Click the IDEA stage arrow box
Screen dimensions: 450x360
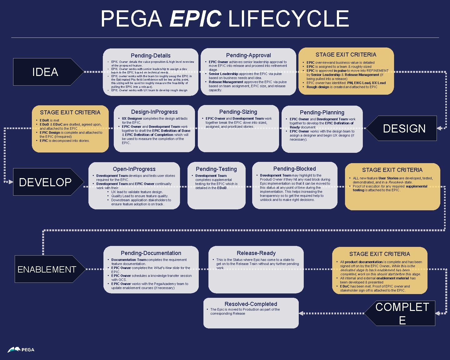click(x=45, y=72)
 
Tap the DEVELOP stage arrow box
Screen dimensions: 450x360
click(x=46, y=182)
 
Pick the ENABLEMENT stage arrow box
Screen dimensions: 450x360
click(x=47, y=269)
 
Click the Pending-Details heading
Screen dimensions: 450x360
click(x=151, y=56)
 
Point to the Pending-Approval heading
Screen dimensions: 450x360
click(x=248, y=55)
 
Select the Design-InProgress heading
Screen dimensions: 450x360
click(x=154, y=112)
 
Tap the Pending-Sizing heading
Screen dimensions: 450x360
click(x=238, y=112)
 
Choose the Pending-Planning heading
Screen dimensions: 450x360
click(x=322, y=112)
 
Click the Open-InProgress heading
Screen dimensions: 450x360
click(x=134, y=169)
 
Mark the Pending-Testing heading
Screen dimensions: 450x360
click(x=216, y=169)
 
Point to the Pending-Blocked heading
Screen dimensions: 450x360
click(x=294, y=169)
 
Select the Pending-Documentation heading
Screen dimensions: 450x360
click(x=151, y=253)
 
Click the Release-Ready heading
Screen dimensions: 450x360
click(x=256, y=253)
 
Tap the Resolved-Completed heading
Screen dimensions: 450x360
click(x=251, y=304)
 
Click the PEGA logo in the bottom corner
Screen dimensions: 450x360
click(x=21, y=350)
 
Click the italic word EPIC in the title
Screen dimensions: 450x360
click(x=196, y=19)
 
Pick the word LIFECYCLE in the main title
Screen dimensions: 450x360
click(x=289, y=19)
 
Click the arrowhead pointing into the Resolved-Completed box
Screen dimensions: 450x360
click(x=301, y=313)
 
